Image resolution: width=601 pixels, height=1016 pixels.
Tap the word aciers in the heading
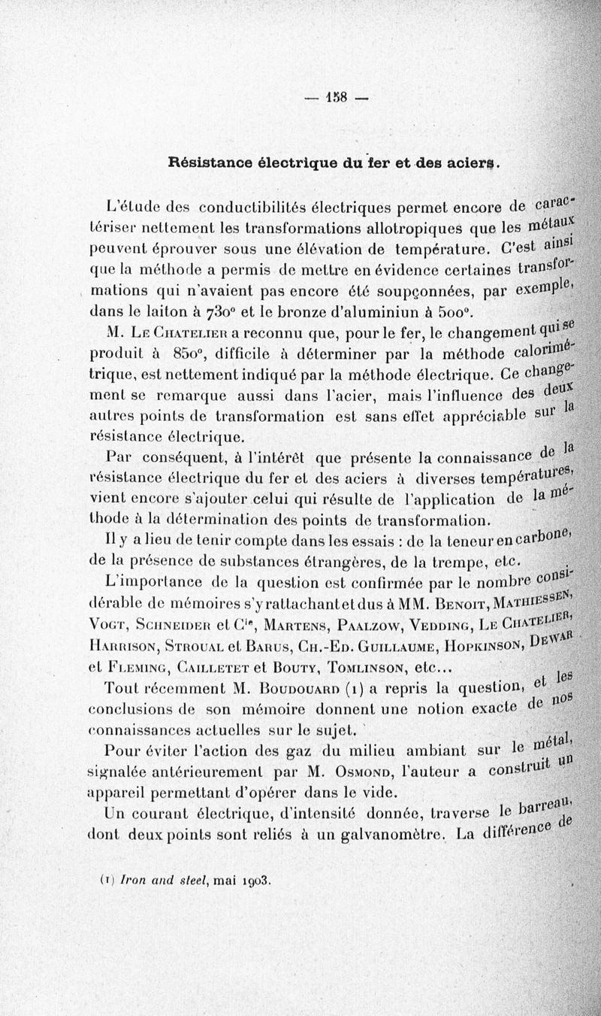point(472,162)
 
